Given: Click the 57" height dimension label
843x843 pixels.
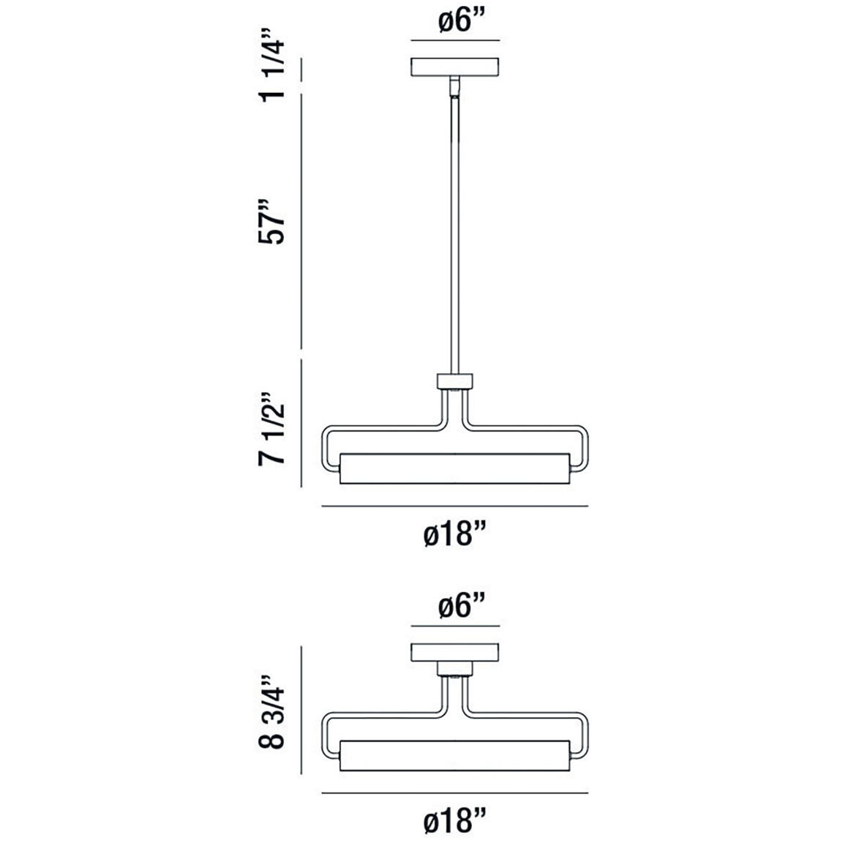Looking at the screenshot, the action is click(x=271, y=221).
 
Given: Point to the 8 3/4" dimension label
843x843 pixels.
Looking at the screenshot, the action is click(x=271, y=712).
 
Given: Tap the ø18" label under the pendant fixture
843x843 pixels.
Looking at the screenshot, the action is click(x=455, y=535).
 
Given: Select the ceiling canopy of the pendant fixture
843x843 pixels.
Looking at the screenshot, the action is click(x=455, y=67).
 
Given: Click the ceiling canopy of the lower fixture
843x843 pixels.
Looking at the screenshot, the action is click(x=455, y=653).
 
